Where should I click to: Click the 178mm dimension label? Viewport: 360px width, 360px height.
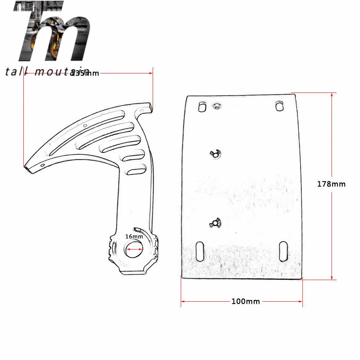pos(331,184)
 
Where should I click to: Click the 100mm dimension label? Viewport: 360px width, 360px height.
pos(246,301)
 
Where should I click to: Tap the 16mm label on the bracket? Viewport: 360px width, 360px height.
pos(134,237)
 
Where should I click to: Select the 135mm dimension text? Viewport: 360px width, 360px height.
pos(85,73)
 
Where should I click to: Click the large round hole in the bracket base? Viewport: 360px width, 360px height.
pos(134,249)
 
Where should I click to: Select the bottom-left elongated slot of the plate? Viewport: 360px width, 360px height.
pos(199,251)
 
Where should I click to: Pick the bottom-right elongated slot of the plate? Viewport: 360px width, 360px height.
pos(283,251)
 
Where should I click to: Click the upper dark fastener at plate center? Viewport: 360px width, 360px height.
pos(215,154)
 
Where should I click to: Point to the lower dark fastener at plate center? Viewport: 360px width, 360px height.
pos(215,224)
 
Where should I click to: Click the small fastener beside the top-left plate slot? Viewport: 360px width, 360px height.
pos(217,106)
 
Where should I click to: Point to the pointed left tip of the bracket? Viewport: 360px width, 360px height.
pos(25,167)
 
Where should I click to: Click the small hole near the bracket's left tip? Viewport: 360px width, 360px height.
pos(43,165)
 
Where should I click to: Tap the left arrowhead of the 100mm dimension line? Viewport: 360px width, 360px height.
pos(183,301)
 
